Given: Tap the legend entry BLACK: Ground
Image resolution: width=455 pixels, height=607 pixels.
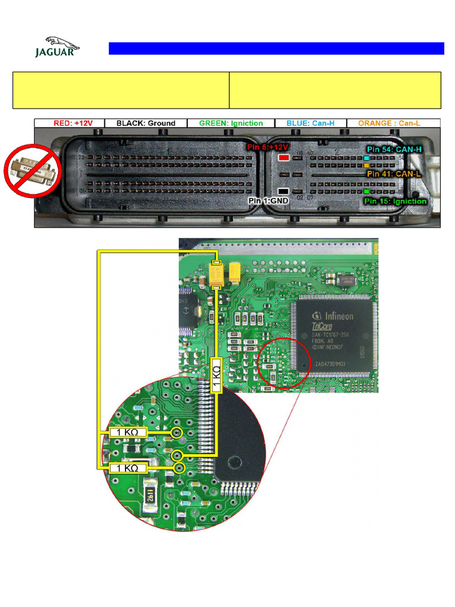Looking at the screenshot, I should coord(146,123).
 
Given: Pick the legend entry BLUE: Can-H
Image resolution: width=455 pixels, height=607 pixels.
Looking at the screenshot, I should coord(310,123).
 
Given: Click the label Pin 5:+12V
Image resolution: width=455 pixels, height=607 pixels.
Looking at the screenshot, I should coord(267,146).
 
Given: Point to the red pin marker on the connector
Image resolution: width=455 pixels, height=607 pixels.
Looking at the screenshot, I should coord(284,158).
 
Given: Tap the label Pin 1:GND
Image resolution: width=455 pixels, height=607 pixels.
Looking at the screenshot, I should coord(268,201).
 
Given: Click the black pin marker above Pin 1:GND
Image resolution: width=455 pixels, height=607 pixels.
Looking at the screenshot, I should coord(284,191).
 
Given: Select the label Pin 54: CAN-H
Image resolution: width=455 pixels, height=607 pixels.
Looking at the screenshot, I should coord(394,149).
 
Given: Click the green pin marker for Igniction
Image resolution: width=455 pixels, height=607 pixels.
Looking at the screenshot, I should coord(367,192).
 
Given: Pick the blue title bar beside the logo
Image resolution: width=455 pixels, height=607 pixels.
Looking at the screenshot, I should coord(276,49).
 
